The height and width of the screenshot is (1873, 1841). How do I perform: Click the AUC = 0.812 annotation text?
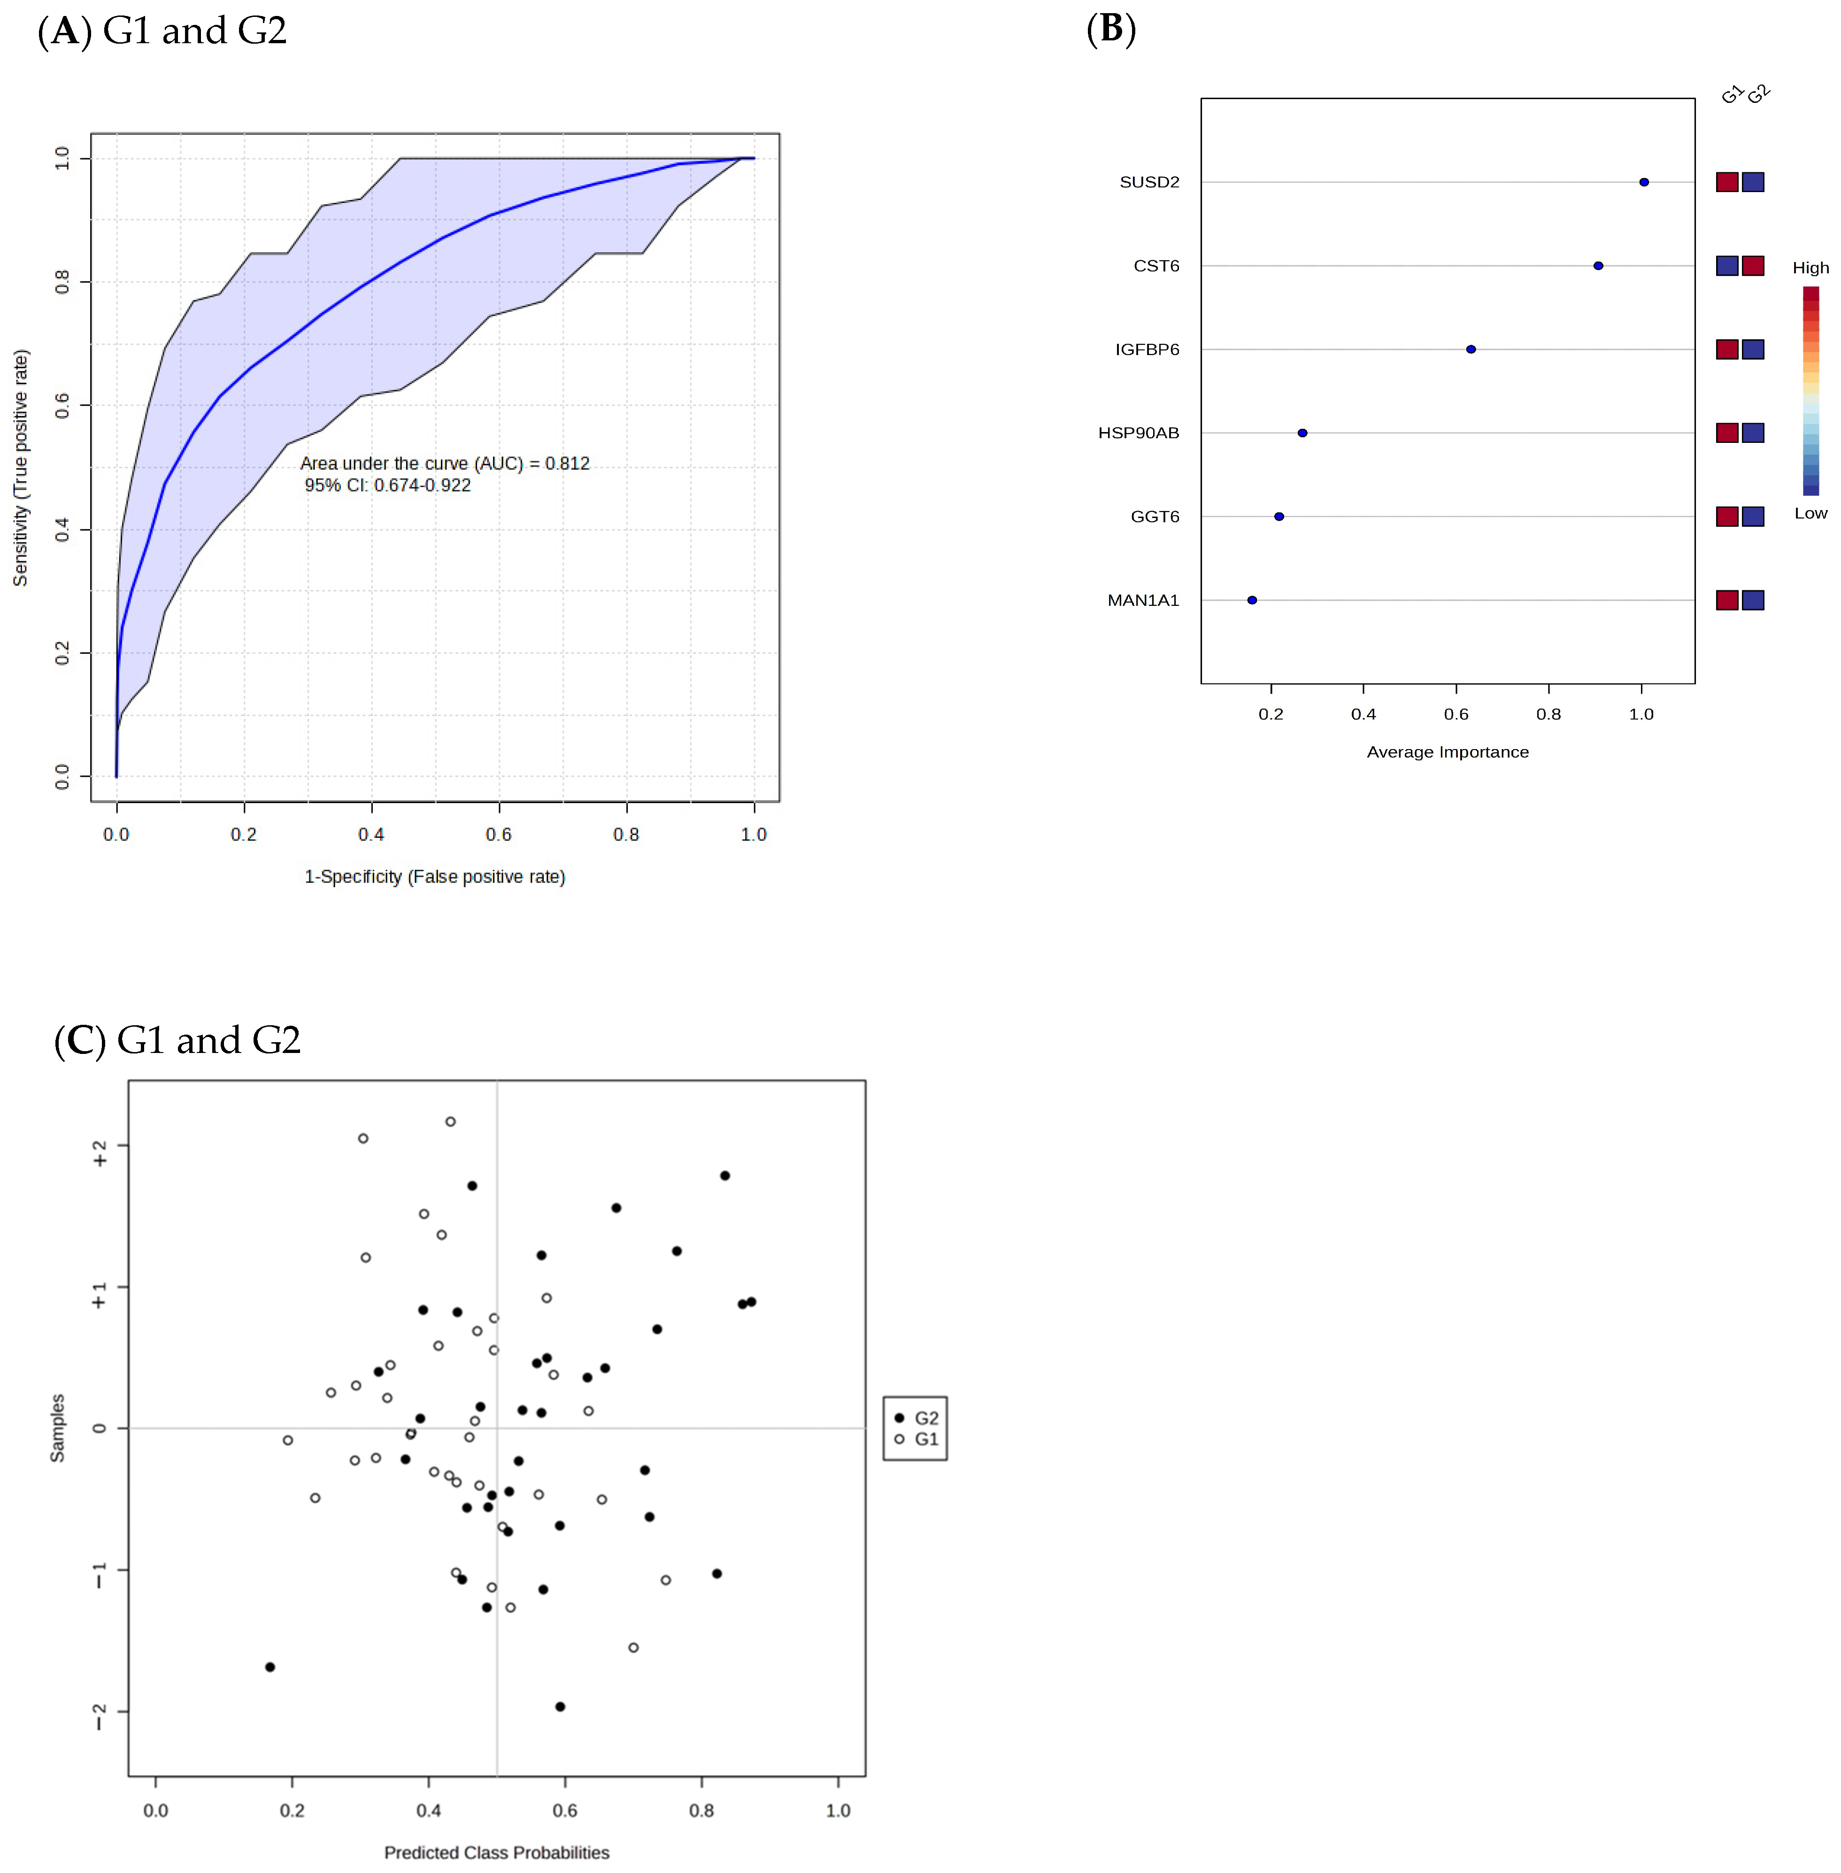pyautogui.click(x=445, y=463)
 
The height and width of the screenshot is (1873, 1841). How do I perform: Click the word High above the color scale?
pyautogui.click(x=1810, y=268)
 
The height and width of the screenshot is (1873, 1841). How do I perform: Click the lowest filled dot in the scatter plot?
pyautogui.click(x=560, y=1707)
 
